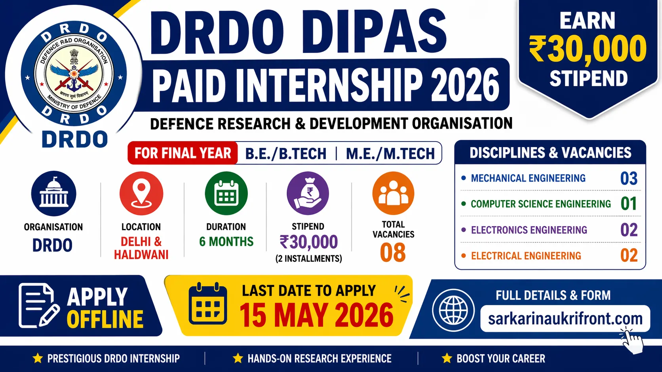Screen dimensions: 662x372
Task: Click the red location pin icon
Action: pyautogui.click(x=141, y=193)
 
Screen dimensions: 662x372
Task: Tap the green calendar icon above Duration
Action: pyautogui.click(x=226, y=193)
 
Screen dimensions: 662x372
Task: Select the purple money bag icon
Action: pyautogui.click(x=308, y=193)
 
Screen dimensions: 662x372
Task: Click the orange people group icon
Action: pyautogui.click(x=393, y=193)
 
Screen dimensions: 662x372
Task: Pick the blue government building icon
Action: pyautogui.click(x=53, y=193)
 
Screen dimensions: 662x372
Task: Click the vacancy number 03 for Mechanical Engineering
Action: pyautogui.click(x=629, y=178)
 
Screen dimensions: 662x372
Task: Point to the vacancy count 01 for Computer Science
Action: pyautogui.click(x=629, y=204)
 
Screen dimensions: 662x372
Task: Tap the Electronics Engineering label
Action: pyautogui.click(x=529, y=230)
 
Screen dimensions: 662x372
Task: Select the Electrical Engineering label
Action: pyautogui.click(x=526, y=256)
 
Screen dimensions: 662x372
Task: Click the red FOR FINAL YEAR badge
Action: pyautogui.click(x=183, y=153)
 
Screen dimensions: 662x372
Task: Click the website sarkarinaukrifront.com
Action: pyautogui.click(x=565, y=319)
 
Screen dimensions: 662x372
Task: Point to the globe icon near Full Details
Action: pyautogui.click(x=453, y=310)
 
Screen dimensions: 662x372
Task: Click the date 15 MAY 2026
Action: pyautogui.click(x=316, y=315)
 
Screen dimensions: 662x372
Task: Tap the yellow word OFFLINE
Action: pyautogui.click(x=105, y=319)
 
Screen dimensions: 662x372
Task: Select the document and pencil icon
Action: pyautogui.click(x=38, y=306)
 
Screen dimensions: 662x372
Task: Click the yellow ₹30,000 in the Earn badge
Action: pyautogui.click(x=588, y=49)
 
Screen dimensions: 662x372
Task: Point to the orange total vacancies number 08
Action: pyautogui.click(x=393, y=253)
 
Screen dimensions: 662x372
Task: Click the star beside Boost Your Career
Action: pyautogui.click(x=447, y=359)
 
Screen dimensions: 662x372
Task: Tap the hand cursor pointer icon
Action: pyautogui.click(x=632, y=341)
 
